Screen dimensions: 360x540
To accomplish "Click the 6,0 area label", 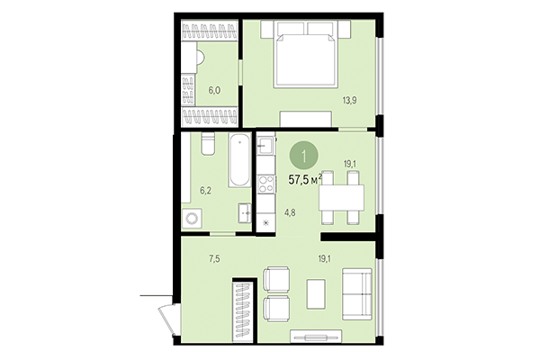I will pyautogui.click(x=214, y=90).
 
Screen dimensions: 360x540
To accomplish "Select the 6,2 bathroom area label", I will pyautogui.click(x=205, y=191).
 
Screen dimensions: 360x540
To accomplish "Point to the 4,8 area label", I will pyautogui.click(x=291, y=212).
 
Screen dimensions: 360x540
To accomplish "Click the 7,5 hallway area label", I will pyautogui.click(x=215, y=259).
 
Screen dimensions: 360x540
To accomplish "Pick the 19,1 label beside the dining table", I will pyautogui.click(x=351, y=164).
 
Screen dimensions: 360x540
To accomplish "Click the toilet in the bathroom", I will pyautogui.click(x=207, y=145).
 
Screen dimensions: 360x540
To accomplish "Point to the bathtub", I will pyautogui.click(x=239, y=161).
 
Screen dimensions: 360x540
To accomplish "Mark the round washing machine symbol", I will pyautogui.click(x=193, y=220).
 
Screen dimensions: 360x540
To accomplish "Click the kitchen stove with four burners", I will pyautogui.click(x=266, y=184).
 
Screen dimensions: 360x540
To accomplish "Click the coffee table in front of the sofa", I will pyautogui.click(x=317, y=293).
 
